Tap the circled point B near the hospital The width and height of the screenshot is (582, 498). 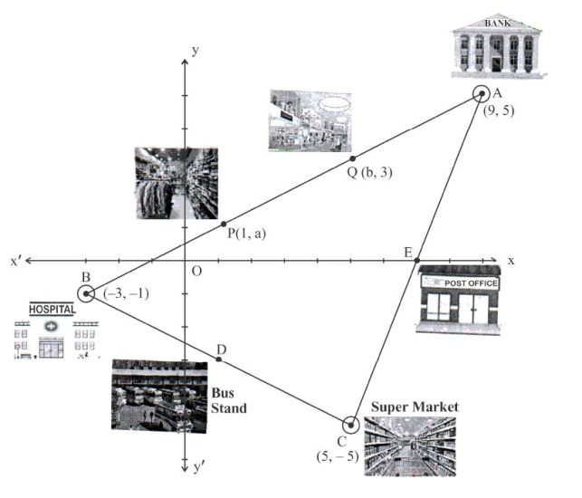coord(86,293)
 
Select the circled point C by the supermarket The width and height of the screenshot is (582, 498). coord(351,425)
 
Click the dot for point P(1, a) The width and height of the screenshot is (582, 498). coord(224,224)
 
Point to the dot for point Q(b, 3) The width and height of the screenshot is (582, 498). coord(353,158)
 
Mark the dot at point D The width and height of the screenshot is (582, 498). coord(219,359)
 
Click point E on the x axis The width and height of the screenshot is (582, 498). coord(417,260)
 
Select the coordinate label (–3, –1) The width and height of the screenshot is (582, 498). coord(126,293)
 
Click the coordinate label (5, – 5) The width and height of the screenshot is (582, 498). coord(338,456)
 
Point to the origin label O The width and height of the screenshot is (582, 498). coord(196,272)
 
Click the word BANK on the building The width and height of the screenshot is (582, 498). coord(498,23)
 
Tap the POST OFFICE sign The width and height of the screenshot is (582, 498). coord(471,283)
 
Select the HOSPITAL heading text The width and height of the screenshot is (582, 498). coord(52,309)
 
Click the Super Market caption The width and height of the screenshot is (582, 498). coord(415,407)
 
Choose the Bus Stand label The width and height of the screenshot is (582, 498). coord(229,401)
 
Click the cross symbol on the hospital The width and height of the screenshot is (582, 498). coord(51,327)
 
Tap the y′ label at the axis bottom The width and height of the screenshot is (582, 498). coord(199,467)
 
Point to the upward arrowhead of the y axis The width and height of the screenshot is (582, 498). coord(185,62)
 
